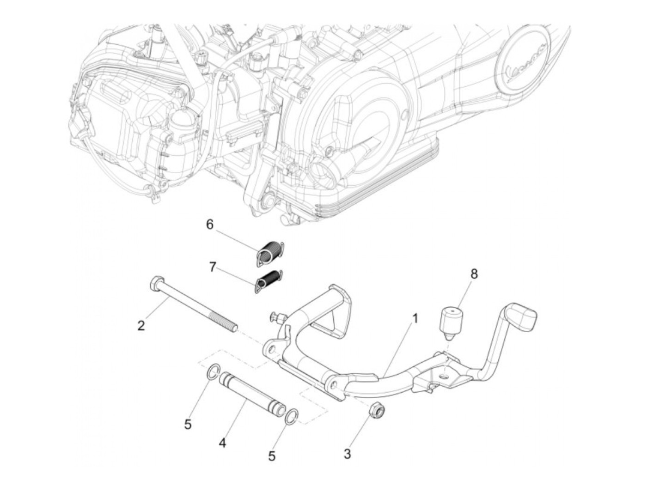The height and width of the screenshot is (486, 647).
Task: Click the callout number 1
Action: click(415, 318)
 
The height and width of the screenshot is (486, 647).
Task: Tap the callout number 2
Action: click(141, 325)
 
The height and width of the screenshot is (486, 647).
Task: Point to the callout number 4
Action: click(222, 443)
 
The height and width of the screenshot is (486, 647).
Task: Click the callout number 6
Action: click(209, 225)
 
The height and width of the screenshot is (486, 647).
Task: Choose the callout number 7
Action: click(212, 267)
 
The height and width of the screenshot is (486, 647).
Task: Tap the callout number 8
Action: click(474, 273)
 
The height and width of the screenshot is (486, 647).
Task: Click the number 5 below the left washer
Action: click(187, 424)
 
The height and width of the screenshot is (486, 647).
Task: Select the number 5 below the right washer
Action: click(272, 456)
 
